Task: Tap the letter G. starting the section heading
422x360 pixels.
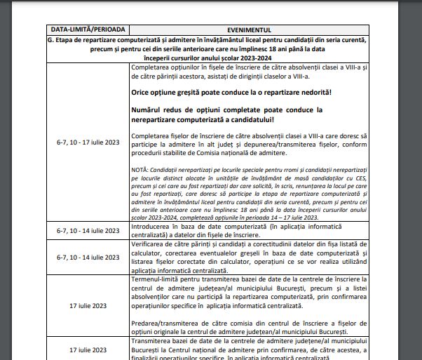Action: pyautogui.click(x=54, y=40)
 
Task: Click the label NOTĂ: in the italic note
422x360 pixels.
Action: pyautogui.click(x=139, y=169)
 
